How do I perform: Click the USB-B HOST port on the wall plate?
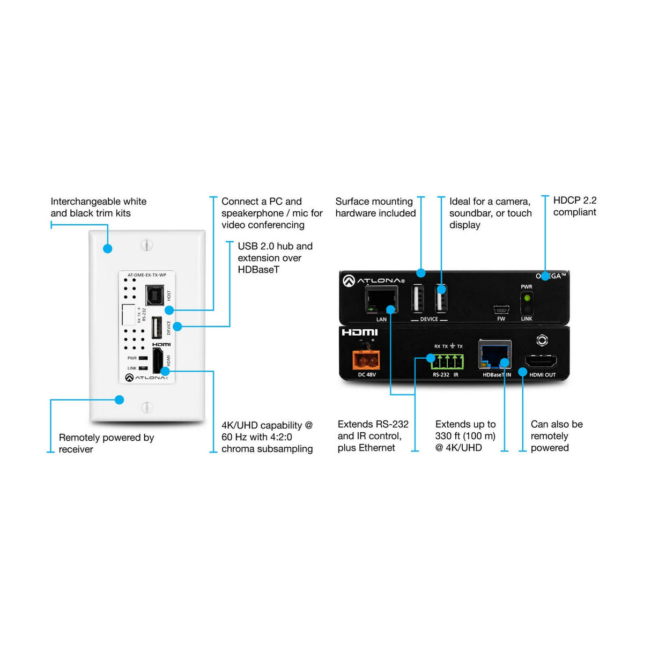coord(154,294)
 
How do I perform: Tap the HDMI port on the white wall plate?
coord(158,360)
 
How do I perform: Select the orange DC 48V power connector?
coord(366,359)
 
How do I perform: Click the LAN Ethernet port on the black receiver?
coord(381,300)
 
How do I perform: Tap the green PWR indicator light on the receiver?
coord(527,298)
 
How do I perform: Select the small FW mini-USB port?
coord(501,310)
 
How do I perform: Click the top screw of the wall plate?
coord(147,245)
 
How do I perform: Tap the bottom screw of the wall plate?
coord(147,407)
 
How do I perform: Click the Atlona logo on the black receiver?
coord(374,280)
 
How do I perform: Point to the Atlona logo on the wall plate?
coord(146,378)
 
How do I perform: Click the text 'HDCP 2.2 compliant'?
coord(574,206)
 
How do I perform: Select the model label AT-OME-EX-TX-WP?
coord(146,275)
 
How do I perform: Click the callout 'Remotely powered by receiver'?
coord(106,443)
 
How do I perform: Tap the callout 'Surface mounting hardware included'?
coord(375,207)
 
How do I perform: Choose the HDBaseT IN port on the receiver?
coord(494,354)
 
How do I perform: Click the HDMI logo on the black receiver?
coord(360,332)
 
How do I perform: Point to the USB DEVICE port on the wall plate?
coord(157,328)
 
